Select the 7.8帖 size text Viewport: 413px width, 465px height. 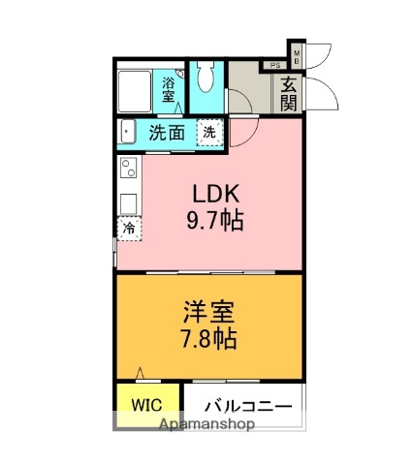(x=207, y=340)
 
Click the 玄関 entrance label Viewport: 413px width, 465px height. (x=289, y=94)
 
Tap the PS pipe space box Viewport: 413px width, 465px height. (x=275, y=66)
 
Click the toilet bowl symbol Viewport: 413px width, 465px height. (x=205, y=79)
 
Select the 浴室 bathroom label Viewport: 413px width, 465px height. (x=170, y=89)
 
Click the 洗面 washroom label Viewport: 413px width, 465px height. (x=167, y=133)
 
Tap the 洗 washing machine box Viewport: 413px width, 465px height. (x=207, y=133)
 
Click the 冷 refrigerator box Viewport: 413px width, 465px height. (x=128, y=227)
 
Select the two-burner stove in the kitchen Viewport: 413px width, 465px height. (x=128, y=171)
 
